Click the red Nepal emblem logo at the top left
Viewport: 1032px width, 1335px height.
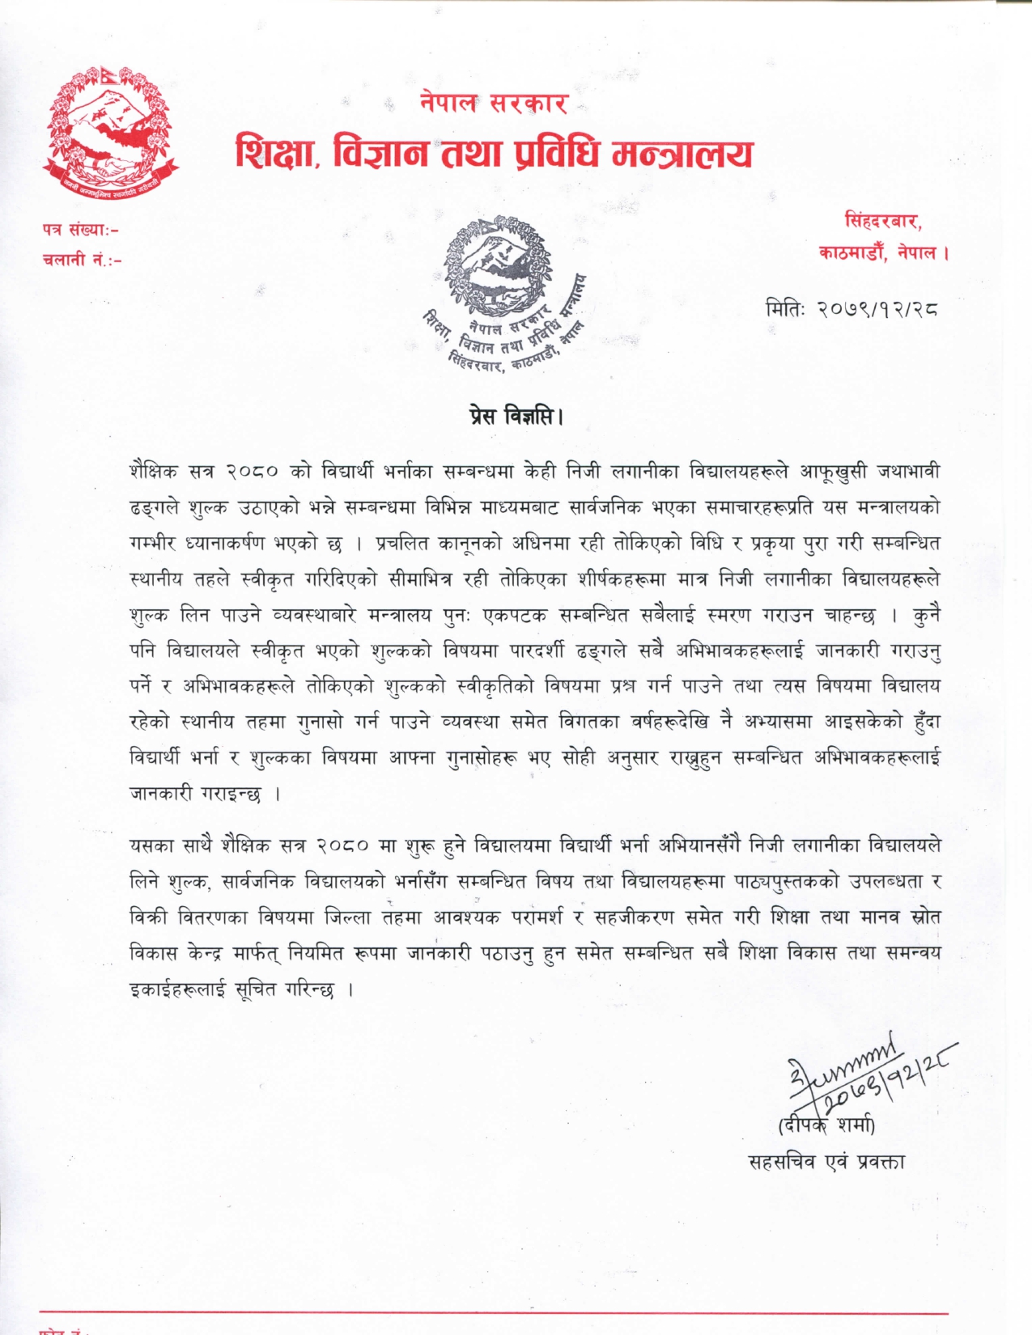pyautogui.click(x=110, y=133)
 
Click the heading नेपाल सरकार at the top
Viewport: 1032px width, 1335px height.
pyautogui.click(x=494, y=103)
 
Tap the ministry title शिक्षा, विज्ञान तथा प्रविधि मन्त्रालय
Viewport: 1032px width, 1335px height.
pyautogui.click(x=494, y=153)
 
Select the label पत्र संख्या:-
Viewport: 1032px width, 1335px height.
pyautogui.click(x=81, y=230)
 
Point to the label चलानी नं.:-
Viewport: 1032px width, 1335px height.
pyautogui.click(x=82, y=260)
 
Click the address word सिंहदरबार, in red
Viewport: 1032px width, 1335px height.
pyautogui.click(x=883, y=221)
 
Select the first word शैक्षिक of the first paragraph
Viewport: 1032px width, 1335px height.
pyautogui.click(x=154, y=471)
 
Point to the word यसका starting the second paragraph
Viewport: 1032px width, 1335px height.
pyautogui.click(x=152, y=845)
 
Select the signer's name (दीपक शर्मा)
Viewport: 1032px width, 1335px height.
pyautogui.click(x=826, y=1125)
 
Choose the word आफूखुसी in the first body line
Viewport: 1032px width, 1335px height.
pyautogui.click(x=835, y=471)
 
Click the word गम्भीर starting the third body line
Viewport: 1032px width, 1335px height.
pyautogui.click(x=154, y=543)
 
